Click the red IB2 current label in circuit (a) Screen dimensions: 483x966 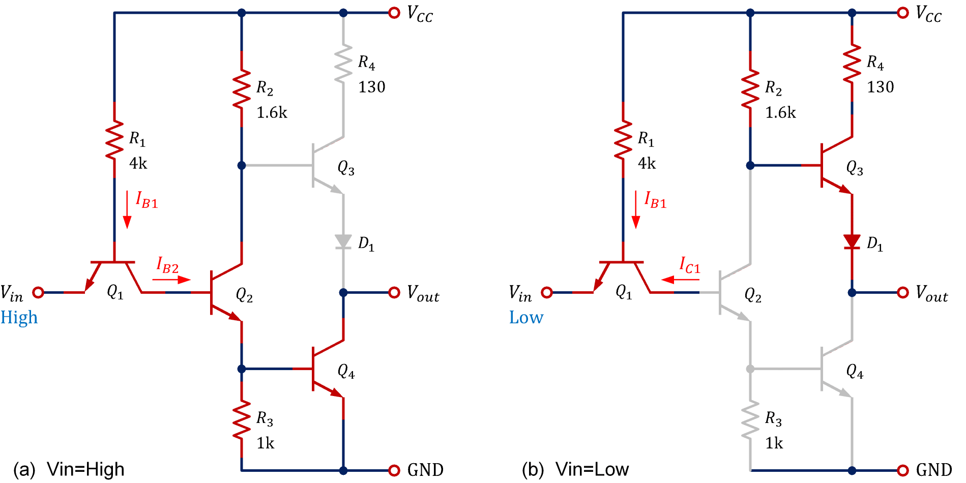(167, 265)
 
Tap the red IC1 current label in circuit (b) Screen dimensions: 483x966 (690, 265)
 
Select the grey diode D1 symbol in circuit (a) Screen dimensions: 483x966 (343, 241)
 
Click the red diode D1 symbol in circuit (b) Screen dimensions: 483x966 (852, 241)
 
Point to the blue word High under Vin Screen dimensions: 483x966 (19, 318)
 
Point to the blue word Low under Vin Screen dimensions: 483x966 (526, 318)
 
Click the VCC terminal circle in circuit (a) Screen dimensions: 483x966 (394, 13)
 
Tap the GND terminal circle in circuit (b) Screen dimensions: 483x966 (903, 470)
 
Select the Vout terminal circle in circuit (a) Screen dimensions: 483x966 (394, 292)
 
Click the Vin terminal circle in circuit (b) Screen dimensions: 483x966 (547, 292)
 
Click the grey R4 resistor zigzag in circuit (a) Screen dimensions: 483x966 (343, 64)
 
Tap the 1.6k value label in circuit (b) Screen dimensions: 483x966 (780, 113)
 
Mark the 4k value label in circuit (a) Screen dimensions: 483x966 (138, 164)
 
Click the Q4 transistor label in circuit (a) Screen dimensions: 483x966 (346, 371)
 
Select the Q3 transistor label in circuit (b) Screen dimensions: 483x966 (855, 168)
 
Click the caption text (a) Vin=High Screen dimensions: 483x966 (69, 469)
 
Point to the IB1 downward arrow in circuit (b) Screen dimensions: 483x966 (635, 209)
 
